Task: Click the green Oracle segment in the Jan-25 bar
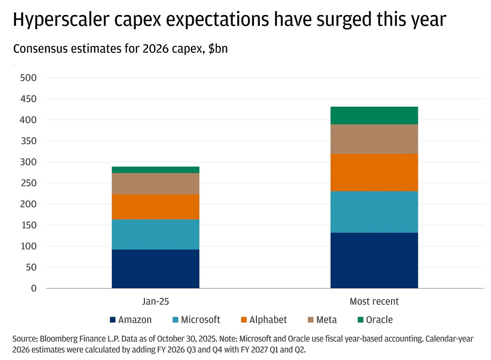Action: [x=155, y=170]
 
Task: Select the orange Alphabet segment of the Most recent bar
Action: [x=374, y=172]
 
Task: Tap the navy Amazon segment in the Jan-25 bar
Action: [x=155, y=269]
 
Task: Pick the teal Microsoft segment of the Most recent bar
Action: [x=374, y=212]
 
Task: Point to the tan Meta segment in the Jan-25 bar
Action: [x=155, y=183]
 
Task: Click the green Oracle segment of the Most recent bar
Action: [x=374, y=116]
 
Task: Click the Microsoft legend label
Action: [x=200, y=320]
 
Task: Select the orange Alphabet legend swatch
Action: [x=243, y=320]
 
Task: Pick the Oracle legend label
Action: [x=379, y=320]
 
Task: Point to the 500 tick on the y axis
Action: [x=28, y=78]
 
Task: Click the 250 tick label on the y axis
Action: [x=28, y=183]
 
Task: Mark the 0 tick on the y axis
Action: [x=33, y=288]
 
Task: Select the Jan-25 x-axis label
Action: [x=155, y=301]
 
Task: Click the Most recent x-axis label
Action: [x=374, y=301]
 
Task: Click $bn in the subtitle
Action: [x=218, y=49]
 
